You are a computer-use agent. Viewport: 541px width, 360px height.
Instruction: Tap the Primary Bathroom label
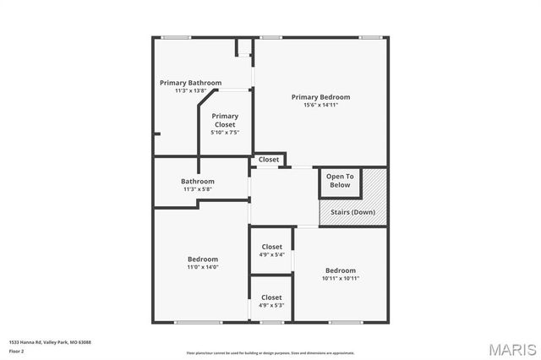[191, 83]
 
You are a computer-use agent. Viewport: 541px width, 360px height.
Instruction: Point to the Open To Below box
[339, 180]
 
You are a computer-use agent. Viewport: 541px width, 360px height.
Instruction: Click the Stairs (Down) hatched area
[352, 212]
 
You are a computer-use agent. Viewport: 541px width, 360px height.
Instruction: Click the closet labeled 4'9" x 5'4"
[271, 250]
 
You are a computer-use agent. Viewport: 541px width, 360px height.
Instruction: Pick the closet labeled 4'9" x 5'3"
[271, 301]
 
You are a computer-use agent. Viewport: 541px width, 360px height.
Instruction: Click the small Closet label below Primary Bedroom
[269, 160]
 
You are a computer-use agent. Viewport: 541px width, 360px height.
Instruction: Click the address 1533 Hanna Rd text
[50, 342]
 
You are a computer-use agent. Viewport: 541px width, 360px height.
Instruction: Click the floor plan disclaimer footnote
[270, 352]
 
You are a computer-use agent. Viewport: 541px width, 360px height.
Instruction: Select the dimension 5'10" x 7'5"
[225, 132]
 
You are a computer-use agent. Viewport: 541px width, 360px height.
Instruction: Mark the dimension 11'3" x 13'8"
[191, 90]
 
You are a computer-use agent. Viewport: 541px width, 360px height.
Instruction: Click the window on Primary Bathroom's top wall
[175, 37]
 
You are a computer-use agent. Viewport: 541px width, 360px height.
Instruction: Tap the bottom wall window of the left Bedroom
[198, 322]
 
